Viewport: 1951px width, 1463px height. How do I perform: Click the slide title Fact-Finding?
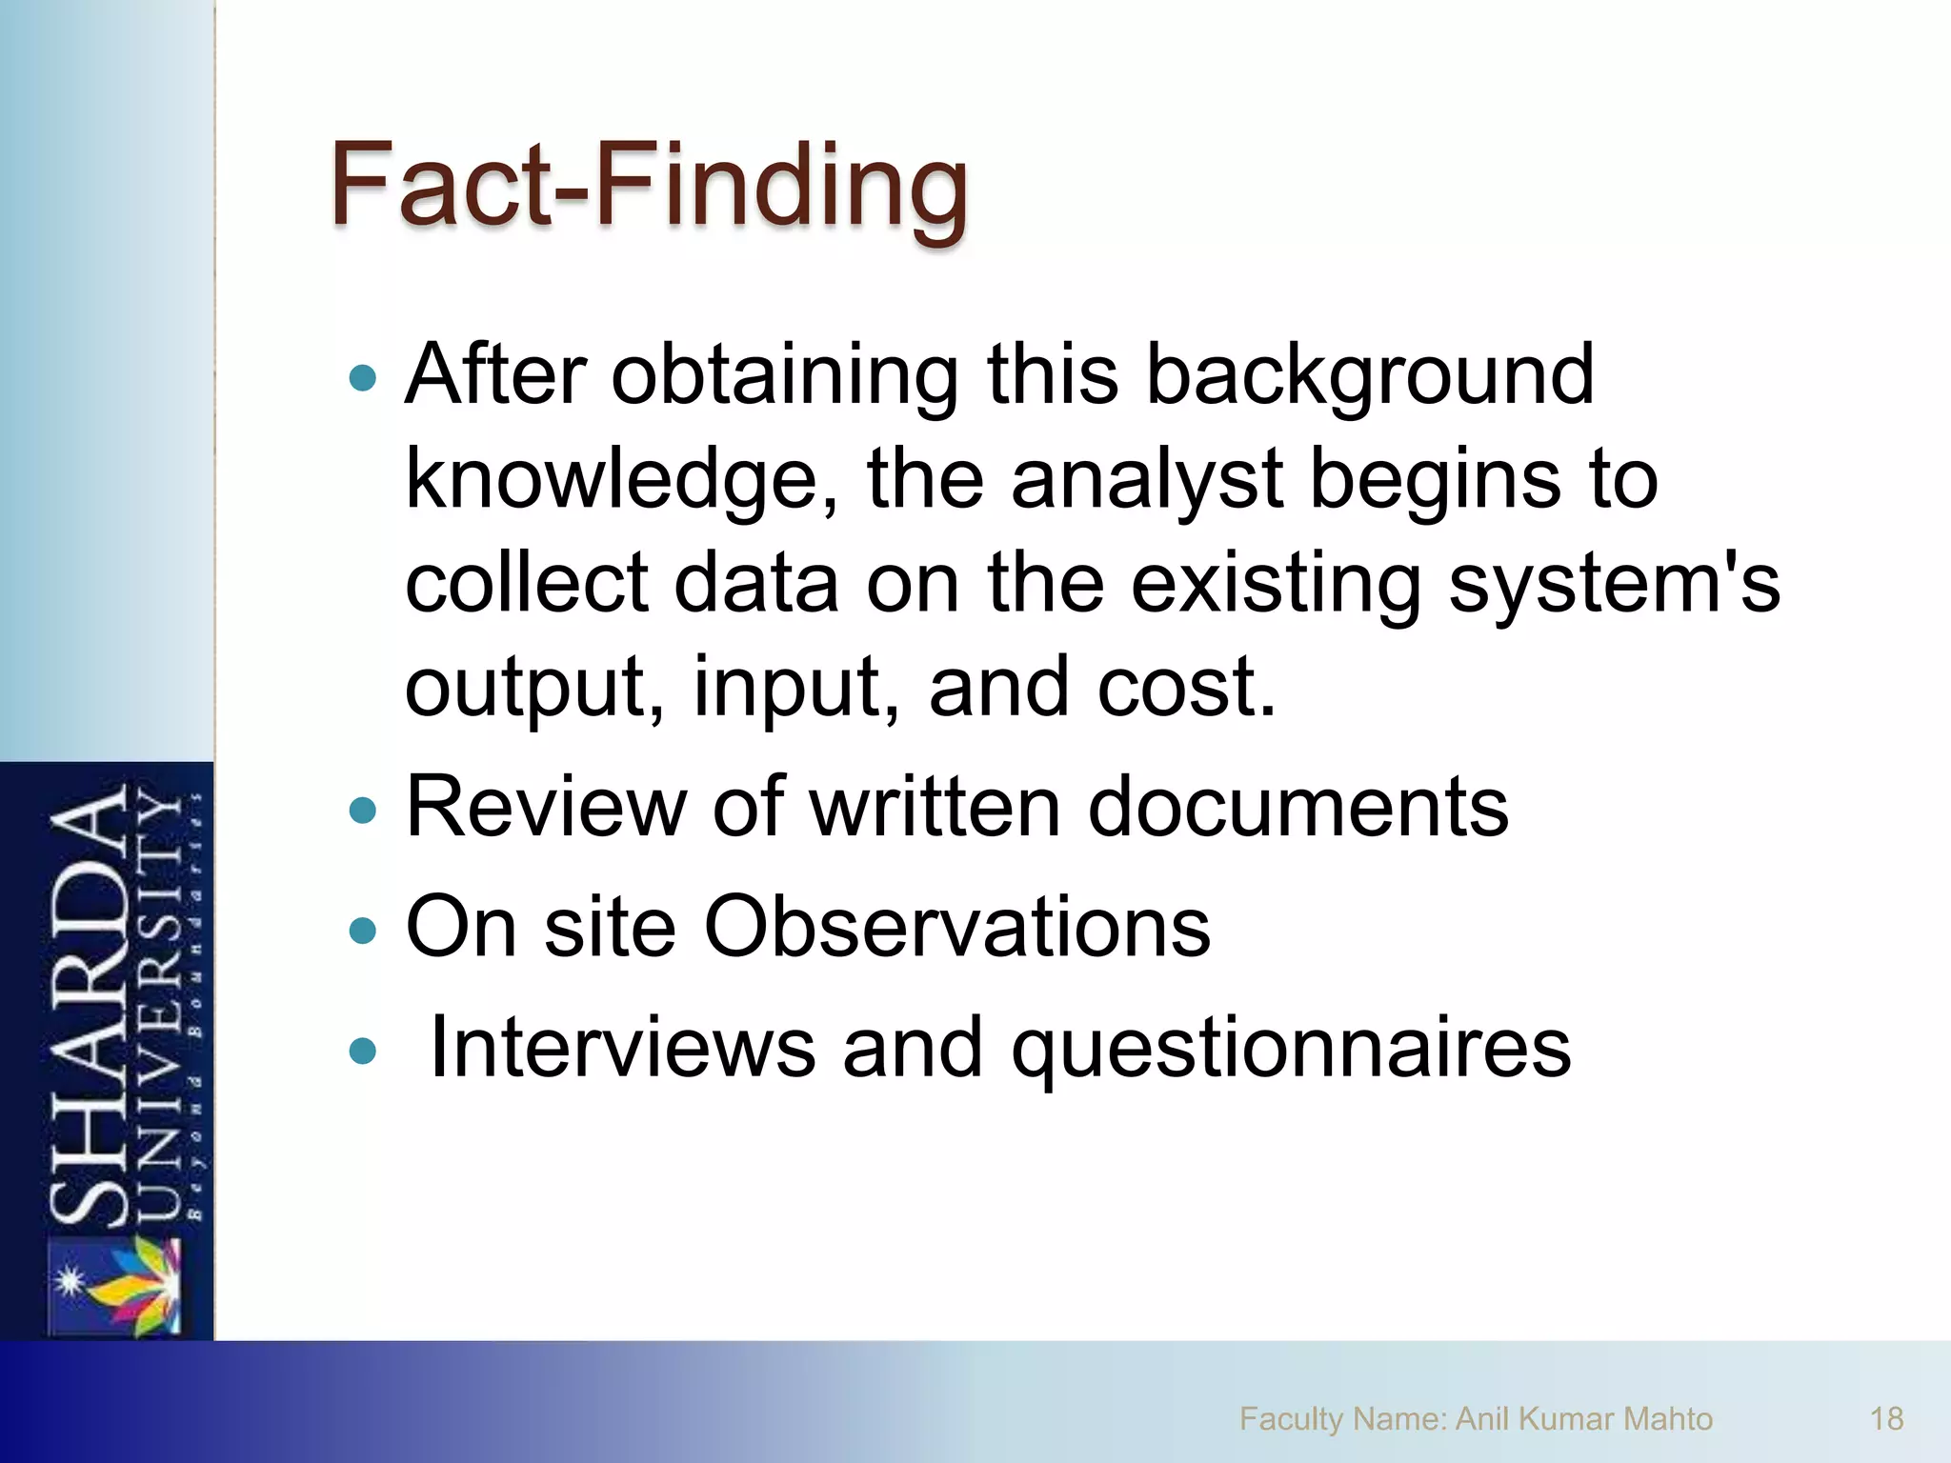click(x=649, y=185)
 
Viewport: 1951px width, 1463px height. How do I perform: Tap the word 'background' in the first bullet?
click(x=1369, y=375)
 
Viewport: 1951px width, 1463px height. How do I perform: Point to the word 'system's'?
click(x=1614, y=583)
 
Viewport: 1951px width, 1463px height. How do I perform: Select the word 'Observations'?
click(x=956, y=927)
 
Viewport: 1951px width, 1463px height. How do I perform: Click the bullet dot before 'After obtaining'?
click(x=363, y=379)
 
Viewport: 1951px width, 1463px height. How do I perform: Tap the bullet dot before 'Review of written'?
click(x=363, y=811)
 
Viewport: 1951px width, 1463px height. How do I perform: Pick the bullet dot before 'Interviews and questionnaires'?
click(x=363, y=1051)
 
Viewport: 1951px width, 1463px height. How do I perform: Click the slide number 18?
click(x=1886, y=1419)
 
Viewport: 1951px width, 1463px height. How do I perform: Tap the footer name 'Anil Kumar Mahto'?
click(x=1583, y=1419)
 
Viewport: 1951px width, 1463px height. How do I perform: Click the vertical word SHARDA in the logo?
click(x=88, y=1005)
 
